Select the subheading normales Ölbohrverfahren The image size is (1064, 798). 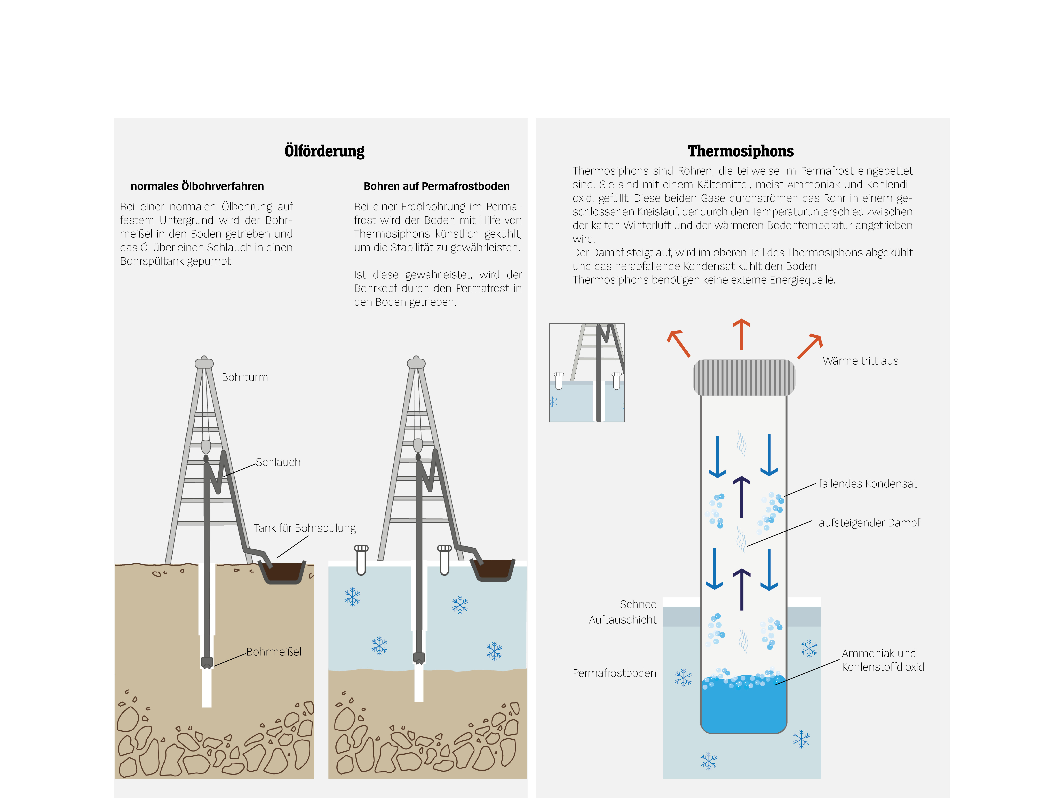pyautogui.click(x=197, y=186)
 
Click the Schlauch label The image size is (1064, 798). pyautogui.click(x=278, y=462)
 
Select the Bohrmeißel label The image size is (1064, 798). pyautogui.click(x=274, y=652)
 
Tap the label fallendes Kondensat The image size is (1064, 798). pyautogui.click(x=868, y=484)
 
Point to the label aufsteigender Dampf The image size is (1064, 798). pyautogui.click(x=869, y=523)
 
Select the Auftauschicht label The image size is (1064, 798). pyautogui.click(x=622, y=620)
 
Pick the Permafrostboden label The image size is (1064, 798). pyautogui.click(x=614, y=673)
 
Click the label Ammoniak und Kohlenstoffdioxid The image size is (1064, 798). pyautogui.click(x=883, y=660)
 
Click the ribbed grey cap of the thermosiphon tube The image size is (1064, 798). pyautogui.click(x=744, y=378)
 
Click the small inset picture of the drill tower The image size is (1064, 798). pyautogui.click(x=587, y=373)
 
